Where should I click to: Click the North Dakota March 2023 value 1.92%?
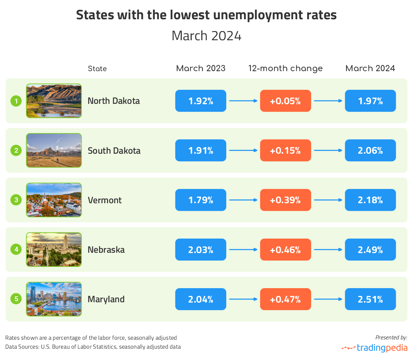pyautogui.click(x=201, y=101)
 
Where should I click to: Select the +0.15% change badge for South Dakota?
pyautogui.click(x=285, y=150)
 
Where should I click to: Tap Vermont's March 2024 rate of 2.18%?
pyautogui.click(x=370, y=200)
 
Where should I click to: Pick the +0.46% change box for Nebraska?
pyautogui.click(x=285, y=250)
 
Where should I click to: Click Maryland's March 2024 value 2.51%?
pyautogui.click(x=370, y=299)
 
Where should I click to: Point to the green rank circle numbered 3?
pyautogui.click(x=16, y=200)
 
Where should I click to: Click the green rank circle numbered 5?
pyautogui.click(x=16, y=299)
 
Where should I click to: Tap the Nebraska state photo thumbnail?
pyautogui.click(x=54, y=250)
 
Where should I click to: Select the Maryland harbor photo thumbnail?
pyautogui.click(x=54, y=299)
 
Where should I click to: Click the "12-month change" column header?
pyautogui.click(x=285, y=68)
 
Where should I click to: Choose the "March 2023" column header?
pyautogui.click(x=201, y=68)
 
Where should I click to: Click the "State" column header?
pyautogui.click(x=97, y=69)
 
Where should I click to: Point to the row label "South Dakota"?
pyautogui.click(x=114, y=151)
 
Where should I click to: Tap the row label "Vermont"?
pyautogui.click(x=105, y=200)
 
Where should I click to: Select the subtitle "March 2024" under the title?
pyautogui.click(x=206, y=36)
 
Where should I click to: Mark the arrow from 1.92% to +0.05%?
pyautogui.click(x=243, y=101)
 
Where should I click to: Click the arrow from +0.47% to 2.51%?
pyautogui.click(x=328, y=299)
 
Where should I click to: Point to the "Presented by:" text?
pyautogui.click(x=391, y=337)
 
